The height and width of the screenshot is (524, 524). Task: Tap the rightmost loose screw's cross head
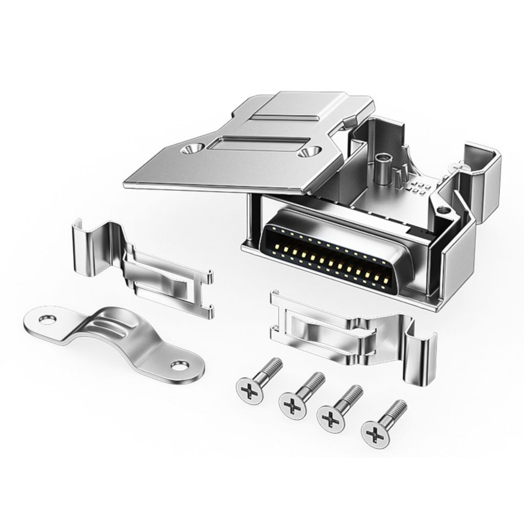click(x=376, y=435)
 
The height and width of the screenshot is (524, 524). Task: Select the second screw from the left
click(x=293, y=407)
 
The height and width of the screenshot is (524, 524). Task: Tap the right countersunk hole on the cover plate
click(x=311, y=152)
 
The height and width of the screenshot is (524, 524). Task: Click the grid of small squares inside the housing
click(x=420, y=186)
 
